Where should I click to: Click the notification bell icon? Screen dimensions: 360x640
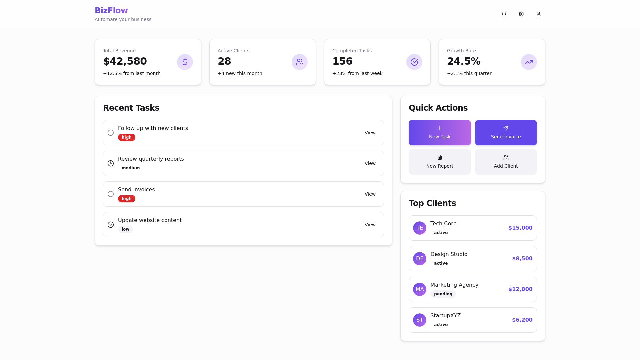tap(504, 14)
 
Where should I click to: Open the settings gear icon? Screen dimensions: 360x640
tap(521, 14)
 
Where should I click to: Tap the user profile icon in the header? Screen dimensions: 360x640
tap(539, 14)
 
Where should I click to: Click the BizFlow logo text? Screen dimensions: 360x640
tap(111, 11)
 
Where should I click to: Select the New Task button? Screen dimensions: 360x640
tap(440, 133)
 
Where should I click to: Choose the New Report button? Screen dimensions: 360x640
tap(440, 162)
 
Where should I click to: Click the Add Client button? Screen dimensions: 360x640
tap(506, 162)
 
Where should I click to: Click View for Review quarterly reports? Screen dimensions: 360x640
tap(370, 163)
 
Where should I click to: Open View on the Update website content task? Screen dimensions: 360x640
tap(370, 225)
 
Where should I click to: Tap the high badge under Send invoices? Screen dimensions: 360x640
tap(127, 199)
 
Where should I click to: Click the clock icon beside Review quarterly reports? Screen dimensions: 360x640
tap(111, 163)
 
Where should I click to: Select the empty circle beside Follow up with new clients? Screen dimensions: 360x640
tap(111, 133)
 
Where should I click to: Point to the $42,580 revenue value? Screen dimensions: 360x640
tap(125, 61)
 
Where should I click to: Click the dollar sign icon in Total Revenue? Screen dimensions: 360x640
tap(185, 62)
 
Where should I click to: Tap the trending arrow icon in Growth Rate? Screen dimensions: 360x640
tap(529, 62)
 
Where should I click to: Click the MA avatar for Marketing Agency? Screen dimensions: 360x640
tap(420, 289)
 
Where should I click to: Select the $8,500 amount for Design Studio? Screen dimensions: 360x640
tap(522, 259)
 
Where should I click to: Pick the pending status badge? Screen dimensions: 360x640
tap(443, 294)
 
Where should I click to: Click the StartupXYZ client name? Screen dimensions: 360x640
tap(445, 316)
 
